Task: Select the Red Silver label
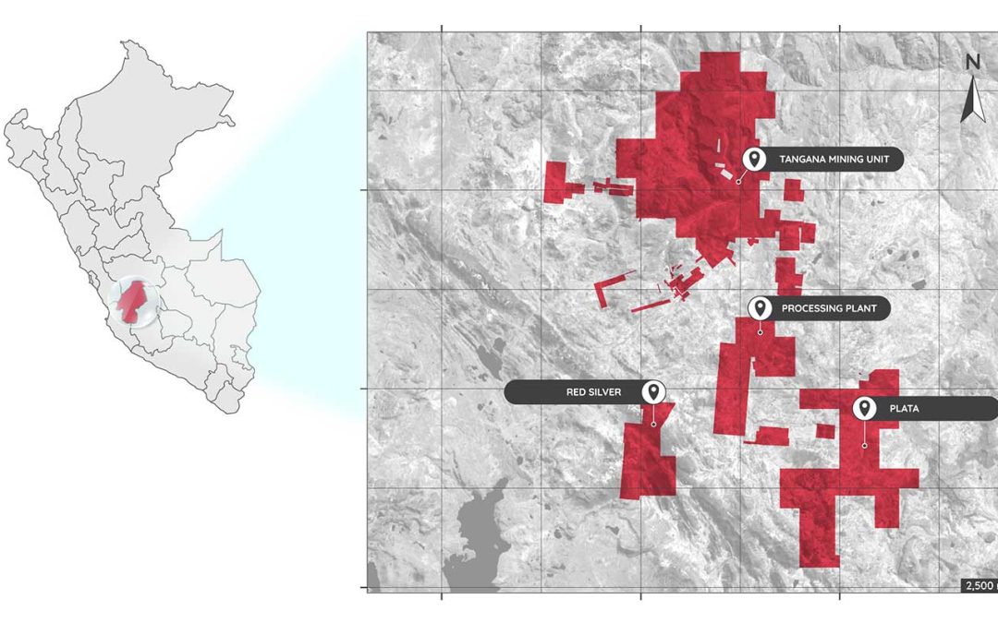pos(593,392)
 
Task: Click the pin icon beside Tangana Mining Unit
pos(755,159)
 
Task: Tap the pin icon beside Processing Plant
pos(760,307)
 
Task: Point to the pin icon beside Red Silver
pos(653,391)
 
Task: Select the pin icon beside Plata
pos(864,407)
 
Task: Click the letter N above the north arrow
pos(972,62)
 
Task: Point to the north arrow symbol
pos(972,100)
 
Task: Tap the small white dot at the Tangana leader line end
pos(738,181)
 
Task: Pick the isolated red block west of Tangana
pos(558,183)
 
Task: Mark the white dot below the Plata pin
pos(865,446)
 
